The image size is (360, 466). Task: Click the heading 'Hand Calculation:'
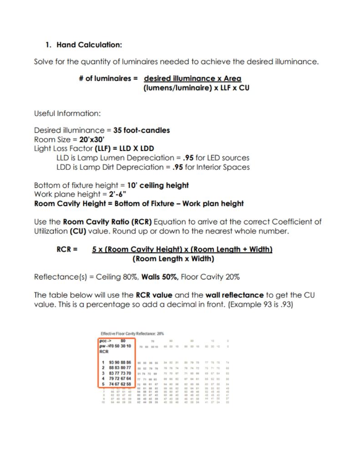tap(89, 45)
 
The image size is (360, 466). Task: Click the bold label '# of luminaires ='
tap(108, 78)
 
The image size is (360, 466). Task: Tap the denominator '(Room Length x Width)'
tap(173, 259)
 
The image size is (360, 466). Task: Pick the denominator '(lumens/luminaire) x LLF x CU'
tap(196, 88)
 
